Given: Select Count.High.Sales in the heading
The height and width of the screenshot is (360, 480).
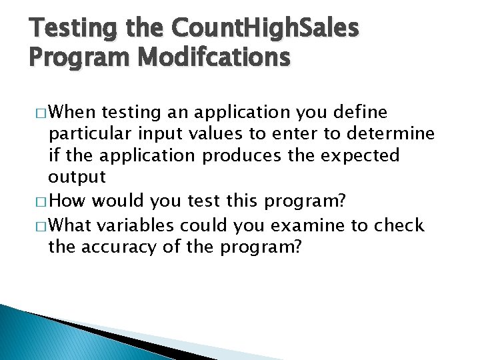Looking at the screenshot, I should pyautogui.click(x=264, y=28).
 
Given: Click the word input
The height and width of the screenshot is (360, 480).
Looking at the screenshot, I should pyautogui.click(x=165, y=134).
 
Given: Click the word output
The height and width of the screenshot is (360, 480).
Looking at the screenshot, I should pyautogui.click(x=77, y=177).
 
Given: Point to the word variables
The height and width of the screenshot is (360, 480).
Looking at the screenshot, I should pyautogui.click(x=138, y=226).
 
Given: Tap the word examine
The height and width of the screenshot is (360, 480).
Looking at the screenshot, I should pyautogui.click(x=315, y=226).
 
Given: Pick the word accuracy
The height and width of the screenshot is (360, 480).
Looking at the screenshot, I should pyautogui.click(x=128, y=247).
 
